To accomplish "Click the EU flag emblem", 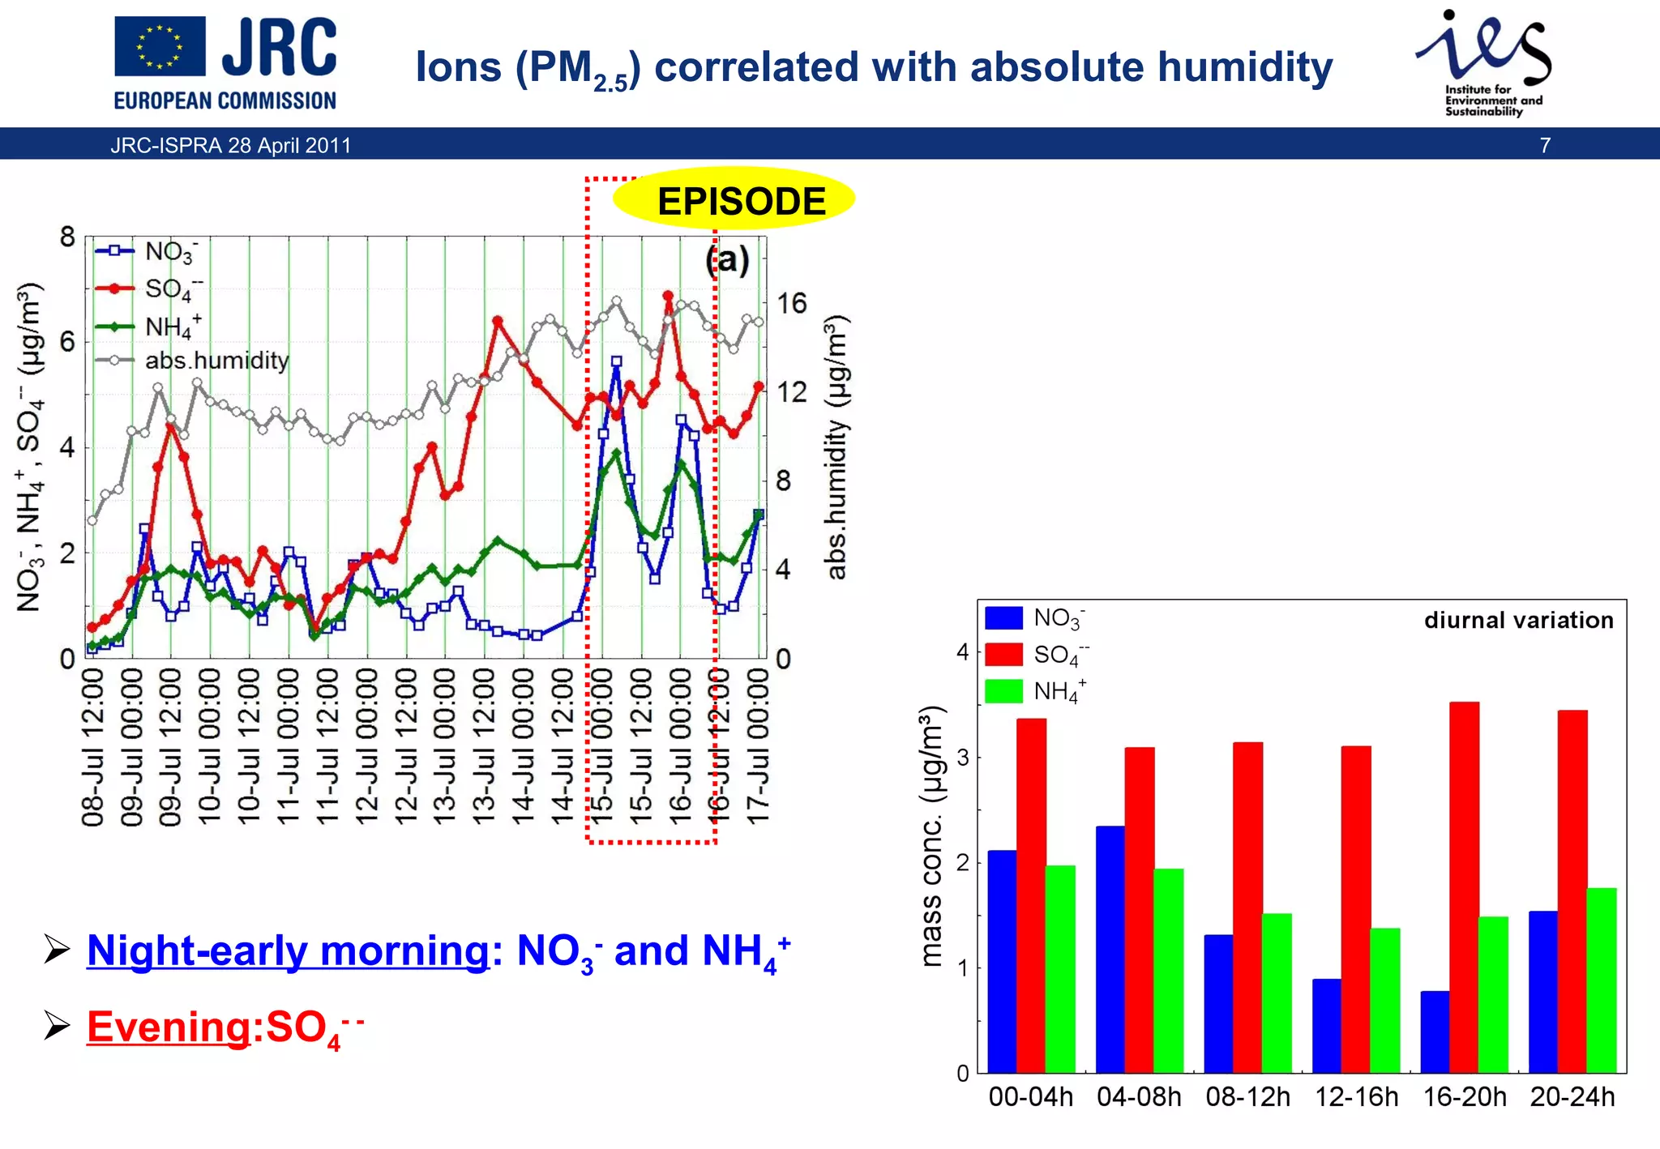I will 160,47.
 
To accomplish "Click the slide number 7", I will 1545,146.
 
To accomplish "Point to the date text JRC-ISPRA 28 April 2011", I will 231,146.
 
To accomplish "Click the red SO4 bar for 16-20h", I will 1464,887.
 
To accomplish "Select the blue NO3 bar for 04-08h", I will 1110,949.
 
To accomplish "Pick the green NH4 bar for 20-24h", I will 1601,980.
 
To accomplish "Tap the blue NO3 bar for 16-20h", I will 1435,1032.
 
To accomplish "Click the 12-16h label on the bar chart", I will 1356,1097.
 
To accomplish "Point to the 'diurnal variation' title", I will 1518,621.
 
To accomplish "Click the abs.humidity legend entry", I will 216,361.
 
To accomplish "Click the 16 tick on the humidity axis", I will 792,304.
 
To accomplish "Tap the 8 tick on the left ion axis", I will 67,237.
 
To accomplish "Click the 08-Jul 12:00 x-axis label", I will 93,746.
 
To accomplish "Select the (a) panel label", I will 727,260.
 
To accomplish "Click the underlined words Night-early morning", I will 288,950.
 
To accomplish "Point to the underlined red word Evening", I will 169,1027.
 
